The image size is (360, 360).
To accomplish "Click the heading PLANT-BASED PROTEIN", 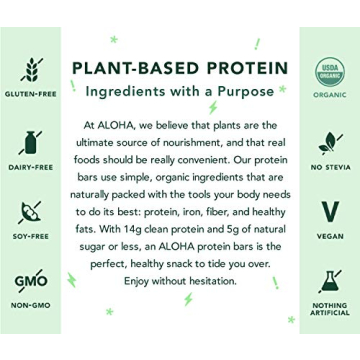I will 180,67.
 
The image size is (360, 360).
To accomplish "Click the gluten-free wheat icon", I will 30,70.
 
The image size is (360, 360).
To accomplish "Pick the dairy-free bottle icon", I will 30,141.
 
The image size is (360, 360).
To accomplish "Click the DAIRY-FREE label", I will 30,169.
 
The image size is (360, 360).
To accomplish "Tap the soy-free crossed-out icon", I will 30,212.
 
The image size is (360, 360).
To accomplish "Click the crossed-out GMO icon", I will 30,282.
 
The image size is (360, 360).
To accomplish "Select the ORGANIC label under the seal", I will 330,98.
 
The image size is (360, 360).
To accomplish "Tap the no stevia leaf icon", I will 330,141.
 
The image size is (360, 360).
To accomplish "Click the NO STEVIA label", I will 330,169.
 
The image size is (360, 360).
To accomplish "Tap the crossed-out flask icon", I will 330,281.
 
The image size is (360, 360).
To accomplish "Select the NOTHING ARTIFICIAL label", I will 330,312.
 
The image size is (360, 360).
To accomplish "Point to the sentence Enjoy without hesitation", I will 181,282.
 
